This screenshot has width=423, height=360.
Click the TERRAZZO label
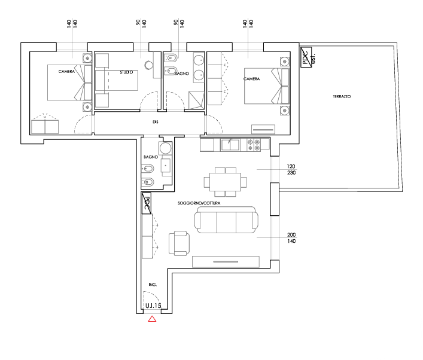click(342, 96)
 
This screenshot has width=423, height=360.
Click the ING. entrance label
click(153, 285)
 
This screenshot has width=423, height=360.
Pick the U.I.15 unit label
click(153, 306)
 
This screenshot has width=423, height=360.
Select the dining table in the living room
click(225, 180)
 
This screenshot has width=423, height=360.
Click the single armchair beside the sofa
click(179, 242)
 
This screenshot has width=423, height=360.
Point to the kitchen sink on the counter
click(230, 144)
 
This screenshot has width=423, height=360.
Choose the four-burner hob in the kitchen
click(253, 144)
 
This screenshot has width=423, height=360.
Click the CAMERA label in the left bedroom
click(66, 72)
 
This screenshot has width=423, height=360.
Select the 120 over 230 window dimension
click(291, 169)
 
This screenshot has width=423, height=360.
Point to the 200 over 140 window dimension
click(291, 237)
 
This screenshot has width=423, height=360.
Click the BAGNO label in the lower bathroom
click(150, 157)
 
